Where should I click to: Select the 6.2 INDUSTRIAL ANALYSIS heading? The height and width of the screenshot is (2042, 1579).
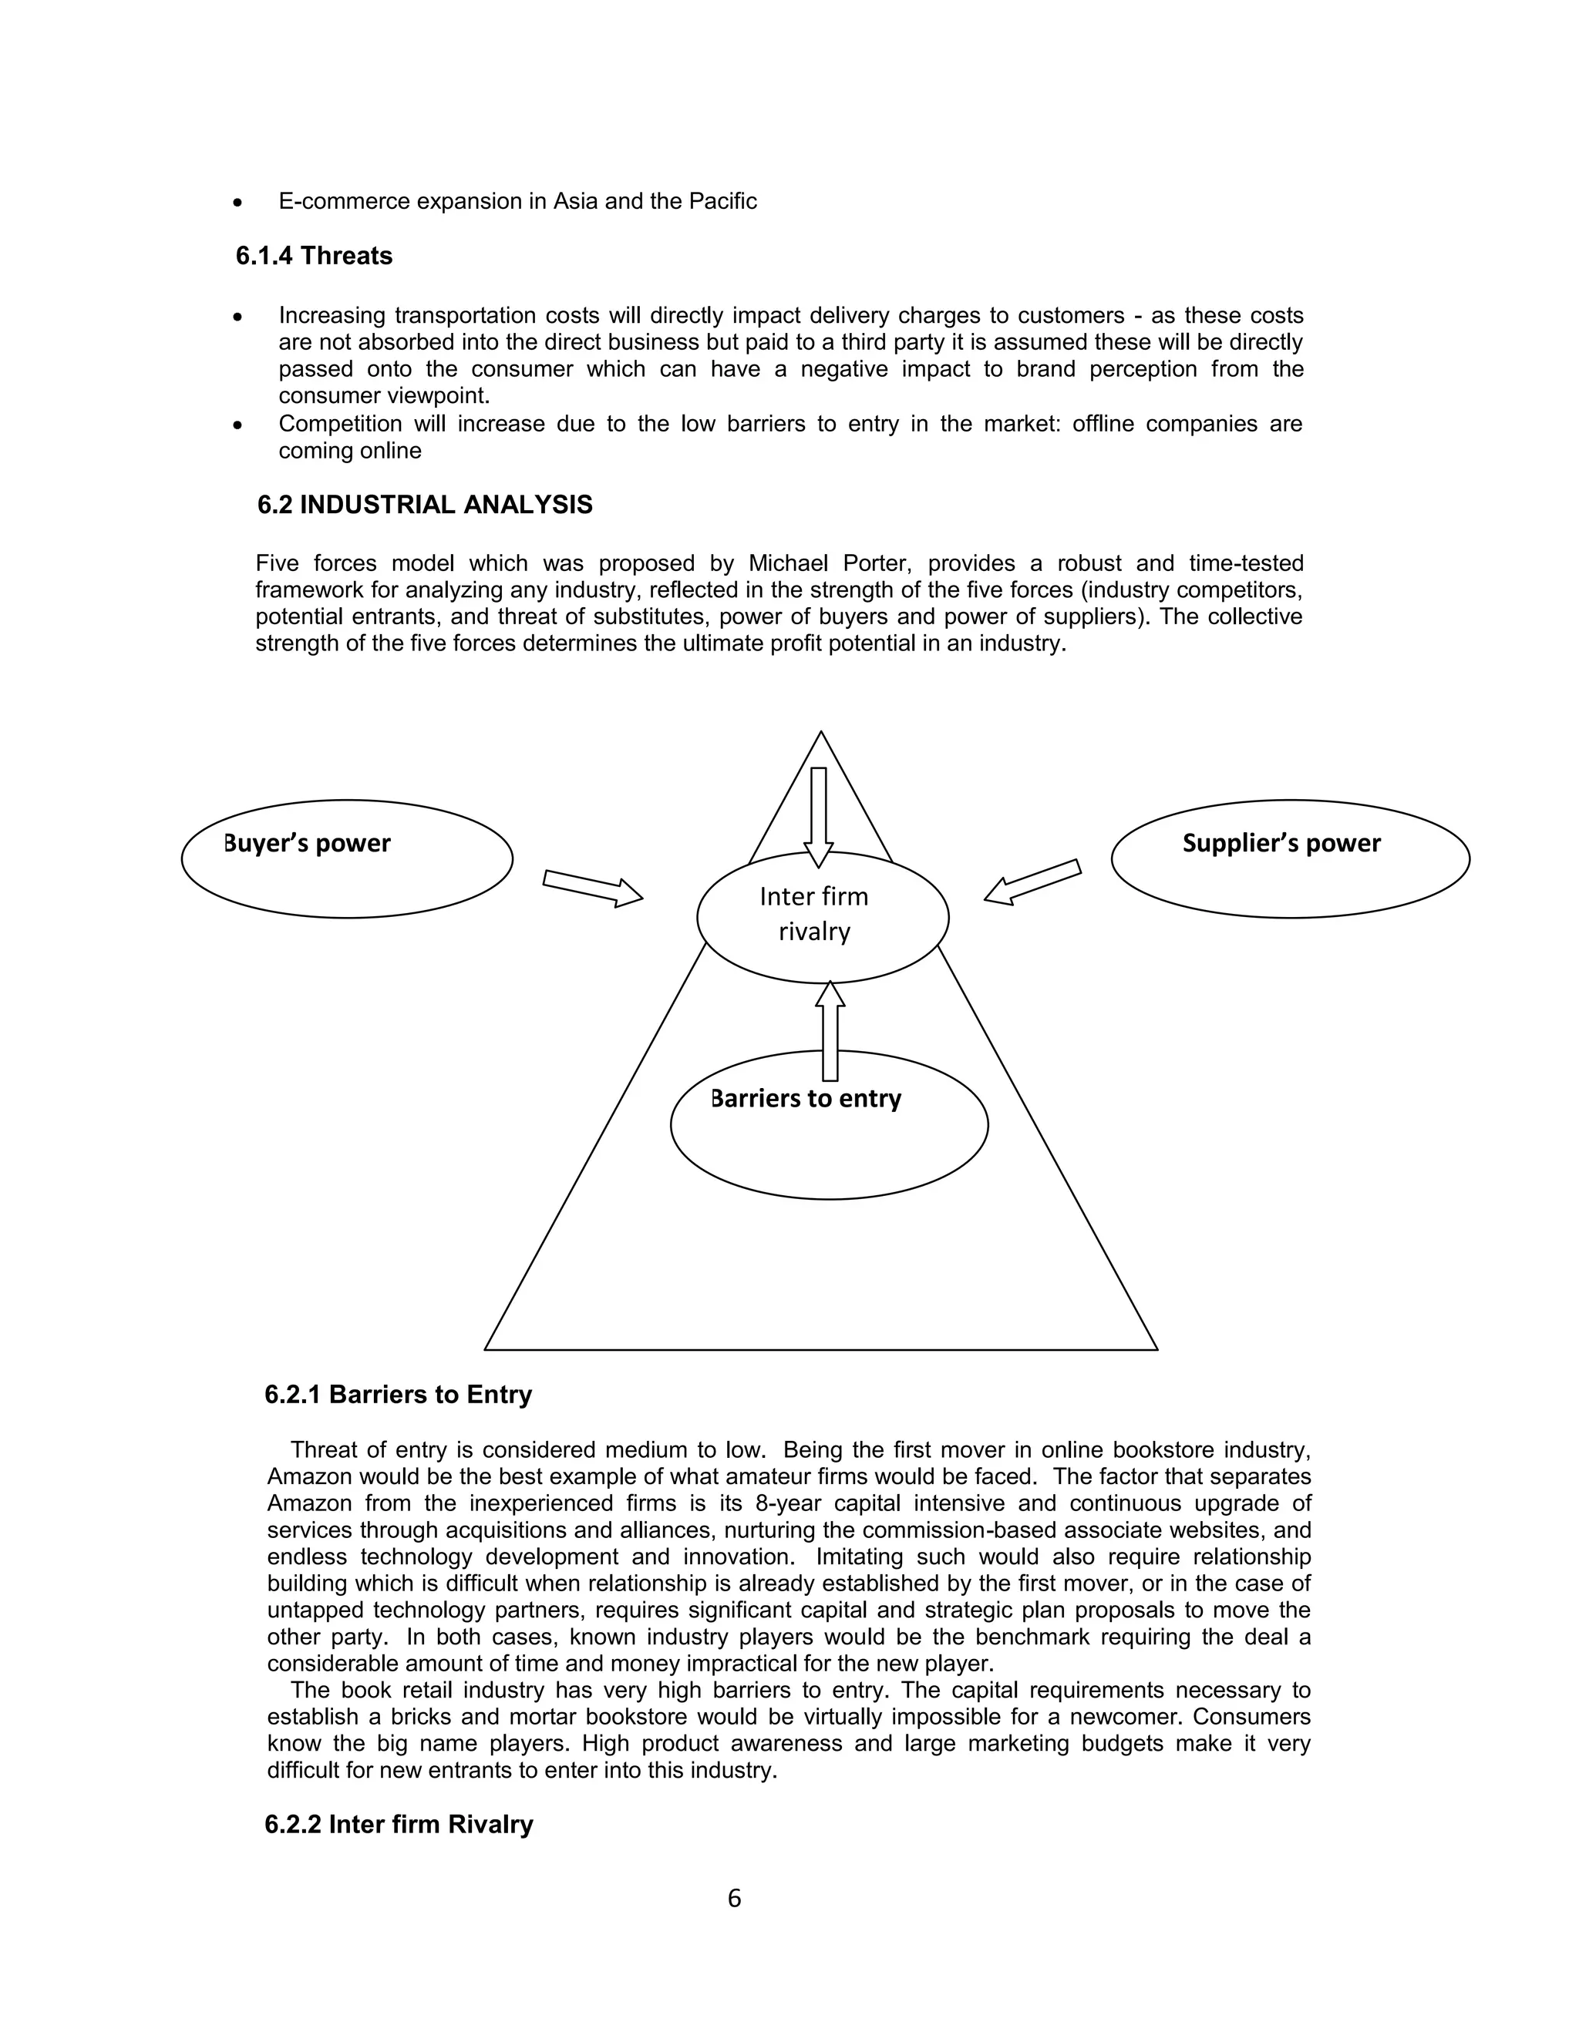click(425, 505)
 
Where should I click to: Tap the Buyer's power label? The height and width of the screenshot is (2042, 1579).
click(308, 843)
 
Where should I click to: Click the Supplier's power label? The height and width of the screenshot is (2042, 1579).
click(1281, 843)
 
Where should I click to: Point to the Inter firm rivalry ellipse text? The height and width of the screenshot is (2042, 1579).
click(814, 913)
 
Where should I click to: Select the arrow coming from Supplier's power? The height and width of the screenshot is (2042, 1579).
click(1032, 882)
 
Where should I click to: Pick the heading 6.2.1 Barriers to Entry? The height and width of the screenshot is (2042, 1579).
click(398, 1395)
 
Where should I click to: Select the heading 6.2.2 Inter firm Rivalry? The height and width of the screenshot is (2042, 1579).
click(399, 1825)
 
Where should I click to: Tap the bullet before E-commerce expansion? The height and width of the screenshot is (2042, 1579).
click(240, 203)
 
